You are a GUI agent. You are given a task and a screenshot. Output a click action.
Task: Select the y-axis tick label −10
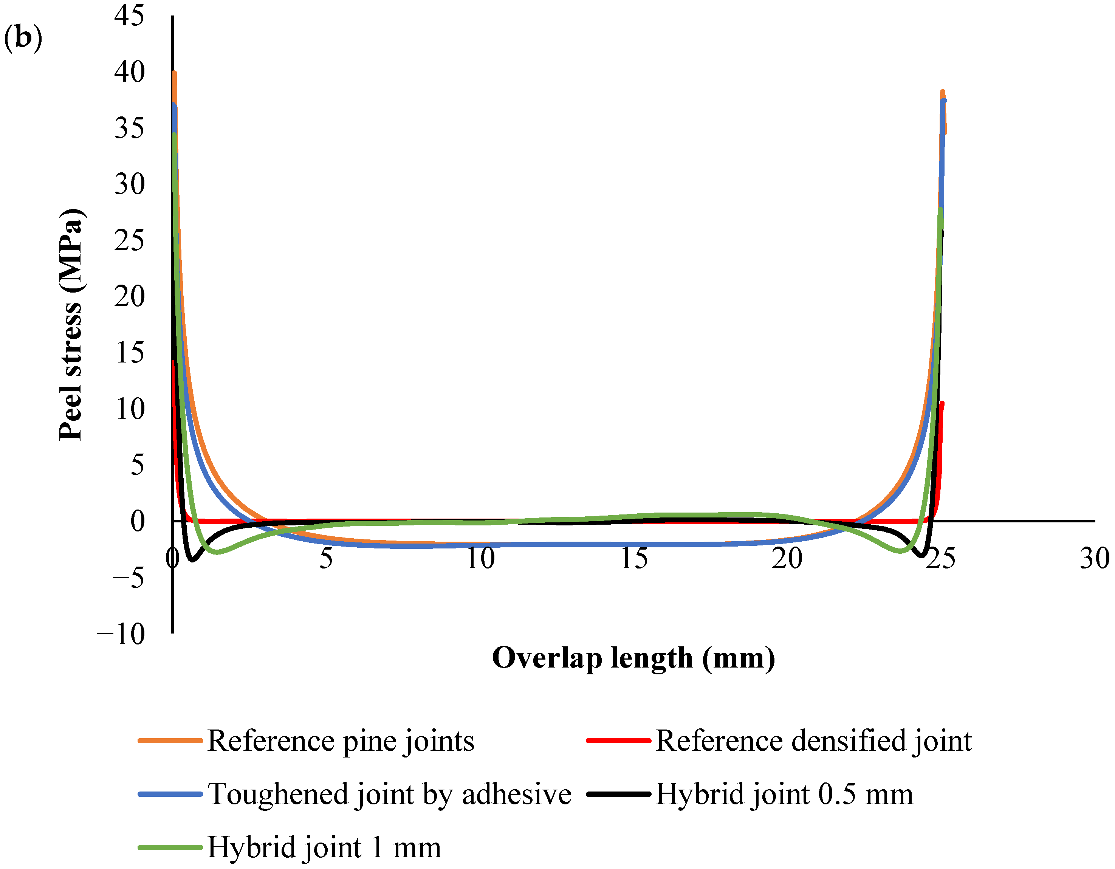[x=121, y=634]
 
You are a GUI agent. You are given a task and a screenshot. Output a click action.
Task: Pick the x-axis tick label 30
[x=1094, y=558]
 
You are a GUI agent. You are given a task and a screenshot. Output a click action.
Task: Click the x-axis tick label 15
[x=633, y=558]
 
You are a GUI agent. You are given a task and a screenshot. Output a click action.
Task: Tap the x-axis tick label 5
[x=326, y=558]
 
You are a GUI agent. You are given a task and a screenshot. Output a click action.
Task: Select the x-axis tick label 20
[x=787, y=558]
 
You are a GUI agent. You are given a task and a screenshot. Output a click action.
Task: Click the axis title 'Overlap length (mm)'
[x=633, y=658]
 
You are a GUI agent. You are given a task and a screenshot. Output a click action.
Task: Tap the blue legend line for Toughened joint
[x=170, y=794]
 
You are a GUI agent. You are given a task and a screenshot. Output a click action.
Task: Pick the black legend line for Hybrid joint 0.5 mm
[x=618, y=794]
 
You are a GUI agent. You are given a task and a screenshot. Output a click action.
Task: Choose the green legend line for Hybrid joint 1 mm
[x=170, y=847]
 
